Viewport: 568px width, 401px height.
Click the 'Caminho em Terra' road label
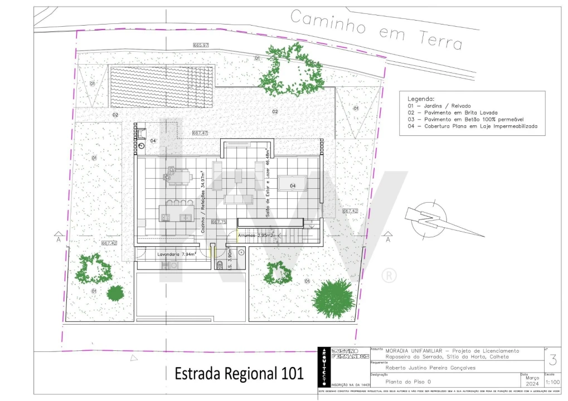[x=376, y=30]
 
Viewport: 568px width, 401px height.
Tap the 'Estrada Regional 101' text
[x=239, y=373]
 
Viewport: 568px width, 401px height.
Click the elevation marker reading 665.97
[x=201, y=45]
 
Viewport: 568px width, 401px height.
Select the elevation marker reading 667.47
[x=200, y=133]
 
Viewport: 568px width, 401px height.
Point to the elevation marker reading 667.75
[x=219, y=222]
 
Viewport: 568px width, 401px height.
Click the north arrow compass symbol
[x=430, y=218]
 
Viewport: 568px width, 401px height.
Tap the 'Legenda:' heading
[x=421, y=98]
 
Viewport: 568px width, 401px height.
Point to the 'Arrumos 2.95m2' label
[x=258, y=236]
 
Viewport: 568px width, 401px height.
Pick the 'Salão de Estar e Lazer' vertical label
[x=268, y=184]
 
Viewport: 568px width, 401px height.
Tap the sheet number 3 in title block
[x=552, y=360]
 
